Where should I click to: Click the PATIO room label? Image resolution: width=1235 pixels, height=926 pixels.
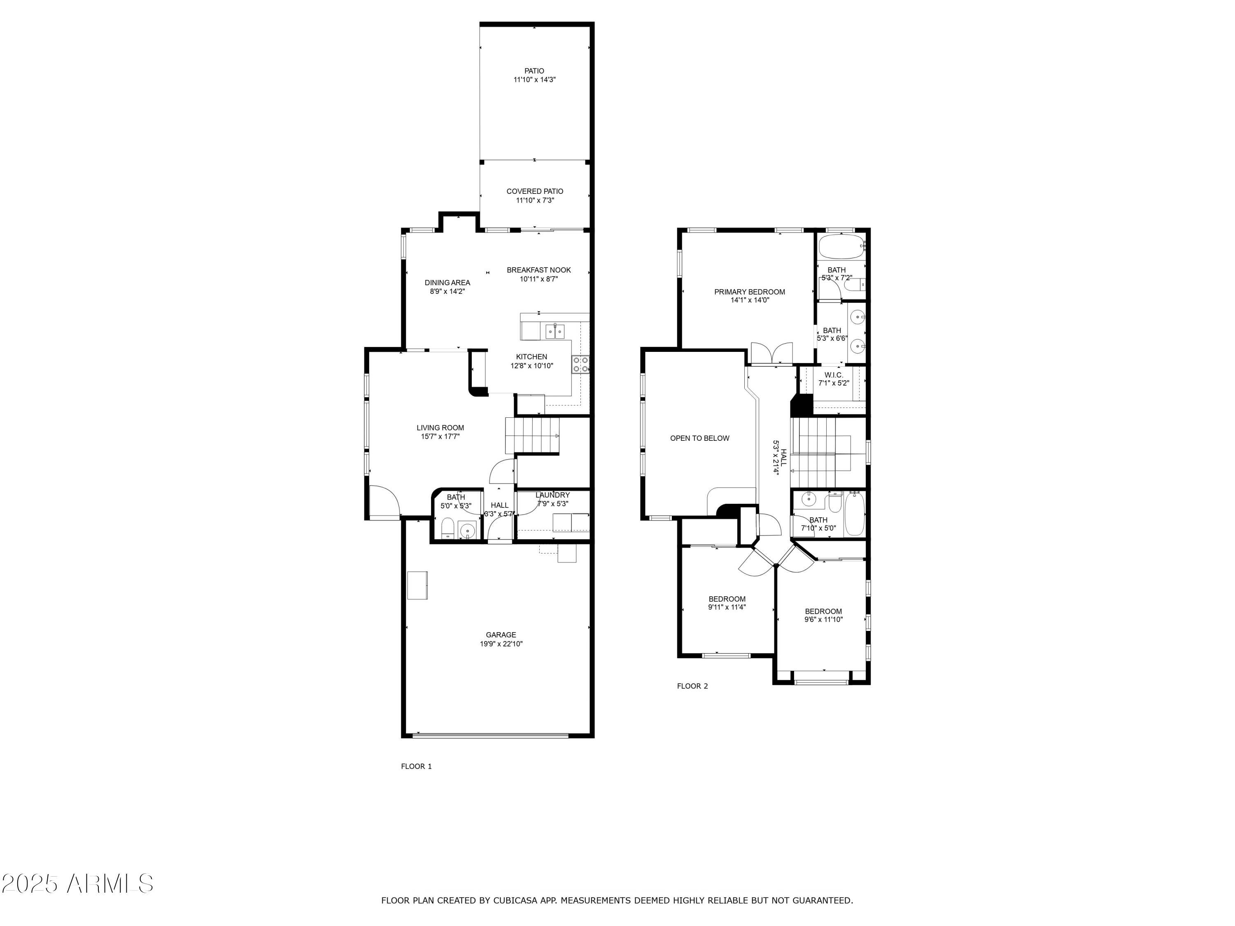pyautogui.click(x=534, y=71)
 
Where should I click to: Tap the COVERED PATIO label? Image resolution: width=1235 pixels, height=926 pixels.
pyautogui.click(x=535, y=191)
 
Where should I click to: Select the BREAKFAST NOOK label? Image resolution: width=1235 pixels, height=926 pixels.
pyautogui.click(x=539, y=270)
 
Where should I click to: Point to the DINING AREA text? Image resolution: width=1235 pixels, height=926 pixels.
pyautogui.click(x=447, y=282)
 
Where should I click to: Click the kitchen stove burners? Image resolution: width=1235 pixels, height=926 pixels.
pyautogui.click(x=580, y=365)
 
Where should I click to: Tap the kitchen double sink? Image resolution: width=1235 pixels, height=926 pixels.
pyautogui.click(x=555, y=332)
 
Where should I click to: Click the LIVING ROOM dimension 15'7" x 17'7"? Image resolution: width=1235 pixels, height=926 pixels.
pyautogui.click(x=440, y=437)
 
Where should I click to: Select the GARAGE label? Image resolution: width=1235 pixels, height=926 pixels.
pyautogui.click(x=501, y=635)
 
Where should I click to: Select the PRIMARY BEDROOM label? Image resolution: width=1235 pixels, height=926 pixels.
pyautogui.click(x=749, y=292)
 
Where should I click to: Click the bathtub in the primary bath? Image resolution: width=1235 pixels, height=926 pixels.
pyautogui.click(x=841, y=246)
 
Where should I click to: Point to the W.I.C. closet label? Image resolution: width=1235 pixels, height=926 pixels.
pyautogui.click(x=834, y=375)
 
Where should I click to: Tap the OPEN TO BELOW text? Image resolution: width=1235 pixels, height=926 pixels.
pyautogui.click(x=699, y=438)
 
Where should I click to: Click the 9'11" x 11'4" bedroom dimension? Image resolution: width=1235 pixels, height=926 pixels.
pyautogui.click(x=727, y=607)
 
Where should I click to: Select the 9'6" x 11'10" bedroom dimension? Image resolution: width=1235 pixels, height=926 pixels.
pyautogui.click(x=823, y=619)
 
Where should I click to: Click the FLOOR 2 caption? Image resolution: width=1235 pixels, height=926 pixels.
pyautogui.click(x=692, y=686)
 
